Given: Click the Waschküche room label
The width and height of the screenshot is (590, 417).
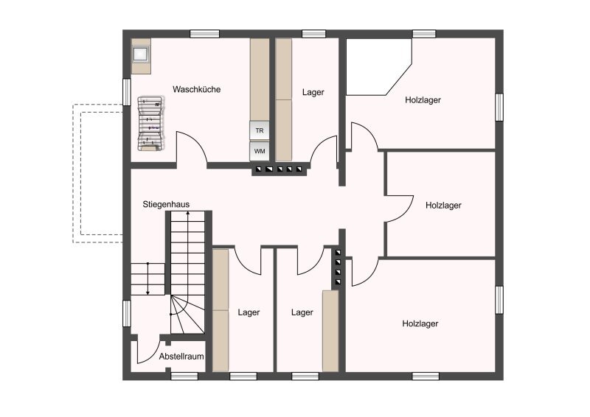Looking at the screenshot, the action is pos(196,89).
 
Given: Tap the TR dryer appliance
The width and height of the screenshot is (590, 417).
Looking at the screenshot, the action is pos(260,130).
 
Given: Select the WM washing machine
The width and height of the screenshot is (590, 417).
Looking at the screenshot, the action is pos(260,151).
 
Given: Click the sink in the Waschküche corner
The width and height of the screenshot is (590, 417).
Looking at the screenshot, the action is pos(141,55).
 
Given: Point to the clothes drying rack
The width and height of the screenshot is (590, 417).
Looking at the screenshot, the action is pos(151,124).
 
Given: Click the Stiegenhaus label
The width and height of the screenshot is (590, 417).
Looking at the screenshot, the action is pos(166,205).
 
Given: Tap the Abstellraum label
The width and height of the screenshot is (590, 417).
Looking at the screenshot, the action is pos(181,357).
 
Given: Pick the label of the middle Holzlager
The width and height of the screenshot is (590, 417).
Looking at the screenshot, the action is pos(443,206).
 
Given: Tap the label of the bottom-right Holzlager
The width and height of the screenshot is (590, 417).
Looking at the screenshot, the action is pos(420,323).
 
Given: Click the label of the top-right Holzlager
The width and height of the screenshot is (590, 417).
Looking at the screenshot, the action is pos(423,100).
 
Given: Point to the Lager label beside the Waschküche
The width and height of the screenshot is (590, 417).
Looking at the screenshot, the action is pos(313,93).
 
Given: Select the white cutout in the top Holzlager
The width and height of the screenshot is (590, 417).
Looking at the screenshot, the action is pos(376,66).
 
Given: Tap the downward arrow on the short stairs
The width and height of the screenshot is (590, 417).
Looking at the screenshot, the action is pos(148,278).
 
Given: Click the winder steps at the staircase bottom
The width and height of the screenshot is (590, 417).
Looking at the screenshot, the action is pos(187,315).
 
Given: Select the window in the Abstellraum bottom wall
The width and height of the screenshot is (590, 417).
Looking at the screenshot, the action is pos(184,376).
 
